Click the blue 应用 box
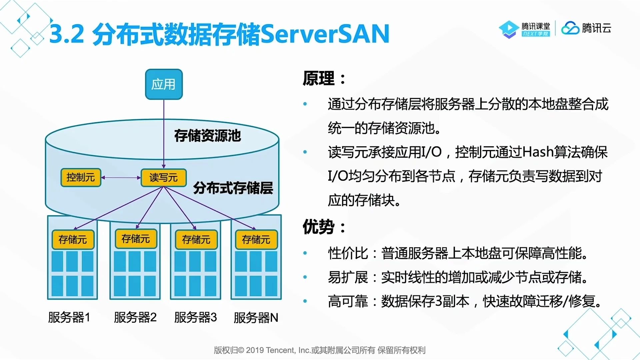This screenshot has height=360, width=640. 164,84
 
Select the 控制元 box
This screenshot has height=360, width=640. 81,177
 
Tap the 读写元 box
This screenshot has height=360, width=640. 163,177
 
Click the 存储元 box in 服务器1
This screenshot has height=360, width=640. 73,239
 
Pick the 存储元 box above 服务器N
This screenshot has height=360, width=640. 256,239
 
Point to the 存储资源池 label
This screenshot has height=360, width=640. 207,136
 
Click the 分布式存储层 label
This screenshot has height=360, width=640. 233,188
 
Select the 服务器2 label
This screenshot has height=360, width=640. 135,317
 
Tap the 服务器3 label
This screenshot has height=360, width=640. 195,317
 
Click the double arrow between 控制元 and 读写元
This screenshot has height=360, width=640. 121,178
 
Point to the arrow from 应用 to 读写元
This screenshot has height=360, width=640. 164,133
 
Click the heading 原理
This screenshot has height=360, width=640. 319,79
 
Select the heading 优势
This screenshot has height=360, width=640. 319,227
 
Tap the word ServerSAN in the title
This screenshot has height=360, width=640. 325,34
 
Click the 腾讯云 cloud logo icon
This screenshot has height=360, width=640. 570,28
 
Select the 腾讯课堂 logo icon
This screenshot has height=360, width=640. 509,29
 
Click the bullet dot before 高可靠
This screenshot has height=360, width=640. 305,301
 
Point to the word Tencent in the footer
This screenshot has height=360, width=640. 280,350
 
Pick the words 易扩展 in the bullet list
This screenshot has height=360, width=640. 348,277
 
